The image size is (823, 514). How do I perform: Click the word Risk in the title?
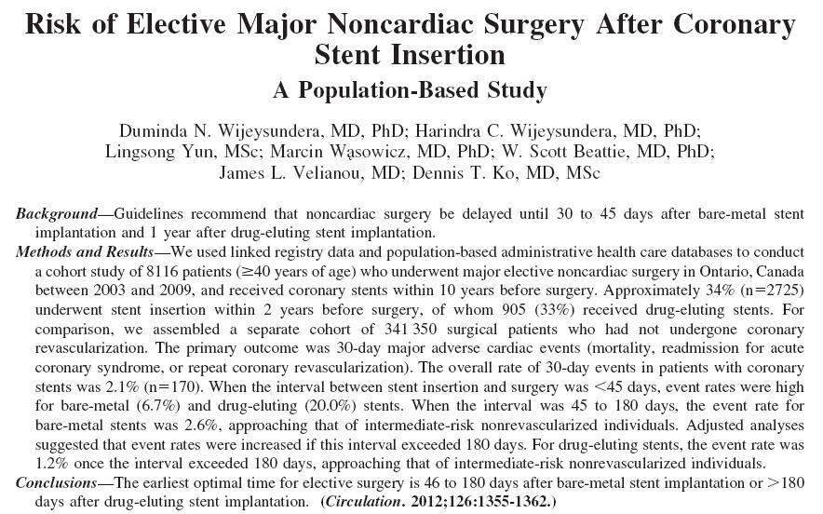pyautogui.click(x=53, y=24)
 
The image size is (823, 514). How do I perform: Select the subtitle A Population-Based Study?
pyautogui.click(x=410, y=90)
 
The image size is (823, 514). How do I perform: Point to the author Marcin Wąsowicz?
pyautogui.click(x=340, y=152)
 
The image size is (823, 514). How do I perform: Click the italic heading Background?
pyautogui.click(x=57, y=214)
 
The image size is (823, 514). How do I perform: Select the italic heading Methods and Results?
pyautogui.click(x=85, y=252)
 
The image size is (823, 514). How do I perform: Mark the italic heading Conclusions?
pyautogui.click(x=57, y=482)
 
